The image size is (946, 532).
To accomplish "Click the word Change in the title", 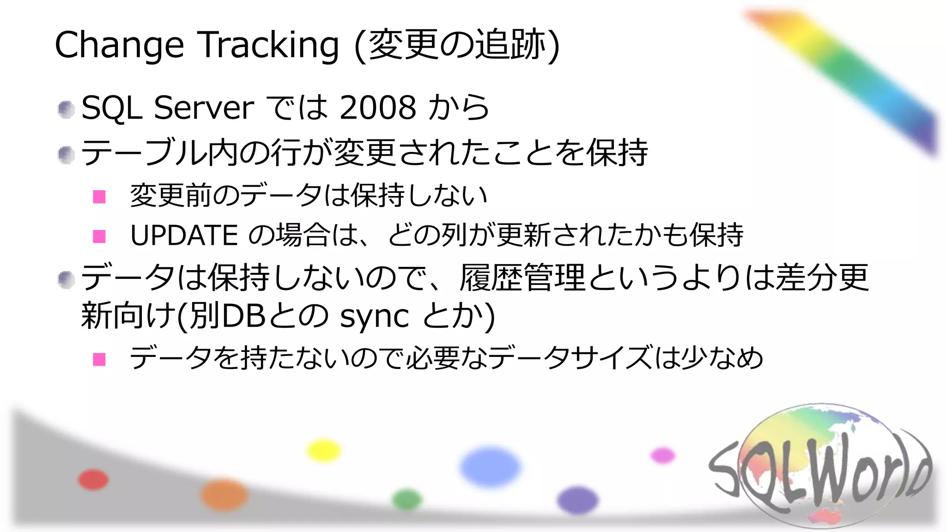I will (x=119, y=45).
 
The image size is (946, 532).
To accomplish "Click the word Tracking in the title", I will (x=269, y=45).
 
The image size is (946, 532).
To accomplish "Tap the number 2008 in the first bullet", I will (x=378, y=108).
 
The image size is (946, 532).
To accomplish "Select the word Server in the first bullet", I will (x=204, y=108).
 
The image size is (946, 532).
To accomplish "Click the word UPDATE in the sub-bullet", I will (x=184, y=235).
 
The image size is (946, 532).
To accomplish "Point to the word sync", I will (x=374, y=316).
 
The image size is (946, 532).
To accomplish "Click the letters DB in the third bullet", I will (x=243, y=316).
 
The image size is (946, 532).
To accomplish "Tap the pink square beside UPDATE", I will (x=99, y=236).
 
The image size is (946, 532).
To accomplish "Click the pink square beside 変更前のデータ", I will (x=99, y=197).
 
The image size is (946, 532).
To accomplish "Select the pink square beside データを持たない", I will (x=99, y=359).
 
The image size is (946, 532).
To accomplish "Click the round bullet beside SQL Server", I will (x=67, y=109).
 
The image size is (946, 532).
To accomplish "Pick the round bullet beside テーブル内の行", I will (x=67, y=155).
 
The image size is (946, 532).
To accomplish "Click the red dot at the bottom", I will (x=93, y=479).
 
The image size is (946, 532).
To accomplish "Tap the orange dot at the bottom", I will (x=224, y=495).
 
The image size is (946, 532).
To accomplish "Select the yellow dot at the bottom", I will (x=324, y=451).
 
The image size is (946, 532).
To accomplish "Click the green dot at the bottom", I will (x=407, y=499).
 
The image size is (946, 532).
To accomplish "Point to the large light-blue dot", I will (x=490, y=466).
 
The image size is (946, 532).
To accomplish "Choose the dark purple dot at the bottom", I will (x=577, y=501).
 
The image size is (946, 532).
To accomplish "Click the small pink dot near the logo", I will (x=663, y=455).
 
